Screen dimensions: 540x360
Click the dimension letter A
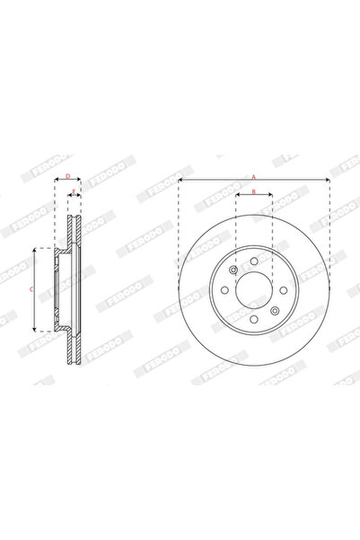pos(254,177)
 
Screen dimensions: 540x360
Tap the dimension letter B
pos(254,191)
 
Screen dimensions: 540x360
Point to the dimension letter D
pos(67,177)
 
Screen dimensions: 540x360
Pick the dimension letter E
pos(75,191)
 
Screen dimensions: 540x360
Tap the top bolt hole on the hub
pos(254,263)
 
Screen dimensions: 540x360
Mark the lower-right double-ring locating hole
pos(273,308)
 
